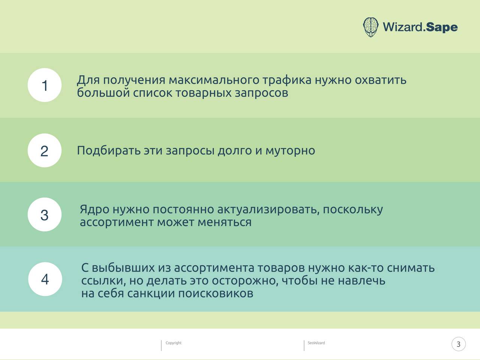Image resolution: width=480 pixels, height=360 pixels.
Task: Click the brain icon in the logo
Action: coord(370,27)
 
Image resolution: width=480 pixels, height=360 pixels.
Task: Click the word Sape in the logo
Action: coord(442,27)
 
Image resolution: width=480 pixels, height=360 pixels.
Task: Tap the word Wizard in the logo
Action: coord(403,27)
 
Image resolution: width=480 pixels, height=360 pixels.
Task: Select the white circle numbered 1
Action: coord(45,85)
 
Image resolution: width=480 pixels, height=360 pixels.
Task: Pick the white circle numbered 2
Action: coord(45,150)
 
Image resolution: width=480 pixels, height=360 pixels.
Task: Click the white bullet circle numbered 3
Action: coord(45,214)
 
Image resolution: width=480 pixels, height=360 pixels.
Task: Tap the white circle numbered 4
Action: coord(45,279)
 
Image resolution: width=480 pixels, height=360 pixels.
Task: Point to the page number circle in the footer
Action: coord(459,344)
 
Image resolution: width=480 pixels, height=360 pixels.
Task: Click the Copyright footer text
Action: coord(173,343)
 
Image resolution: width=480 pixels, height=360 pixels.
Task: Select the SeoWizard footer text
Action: coord(316,343)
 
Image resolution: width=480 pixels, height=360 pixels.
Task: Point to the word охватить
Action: coord(381,80)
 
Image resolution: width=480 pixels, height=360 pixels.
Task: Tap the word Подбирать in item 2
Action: coord(109,150)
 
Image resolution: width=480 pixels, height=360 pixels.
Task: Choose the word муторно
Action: coord(290,151)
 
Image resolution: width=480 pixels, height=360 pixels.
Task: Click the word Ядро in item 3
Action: coord(94,209)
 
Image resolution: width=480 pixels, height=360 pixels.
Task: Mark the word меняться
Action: coord(225,222)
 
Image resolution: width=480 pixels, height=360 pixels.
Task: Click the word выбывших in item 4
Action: coord(123,268)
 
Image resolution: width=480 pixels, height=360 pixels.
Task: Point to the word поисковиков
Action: coord(216,294)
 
